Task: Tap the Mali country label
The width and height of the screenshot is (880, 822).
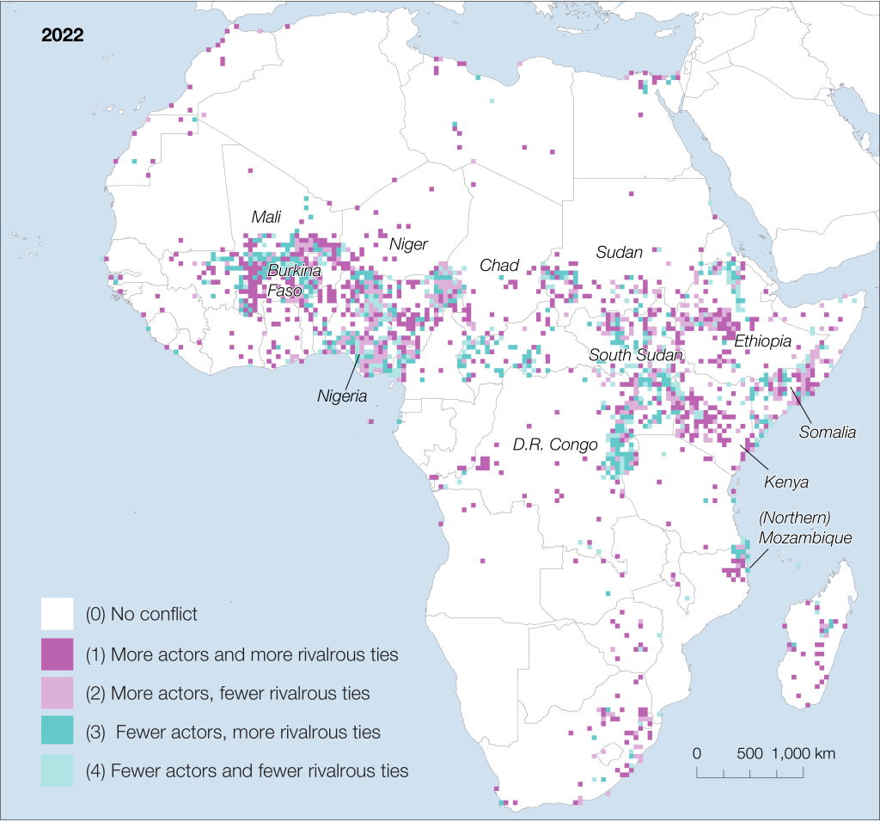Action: [x=266, y=218]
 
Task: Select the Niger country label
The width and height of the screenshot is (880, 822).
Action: [x=408, y=244]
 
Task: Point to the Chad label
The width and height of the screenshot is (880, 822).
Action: [x=499, y=266]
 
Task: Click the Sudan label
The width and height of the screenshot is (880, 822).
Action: [x=619, y=253]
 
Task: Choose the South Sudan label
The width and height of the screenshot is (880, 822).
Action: [x=636, y=355]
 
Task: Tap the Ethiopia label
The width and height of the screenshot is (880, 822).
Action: [x=762, y=341]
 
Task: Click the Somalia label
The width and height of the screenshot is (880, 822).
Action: [x=827, y=432]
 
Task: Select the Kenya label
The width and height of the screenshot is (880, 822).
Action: [x=787, y=482]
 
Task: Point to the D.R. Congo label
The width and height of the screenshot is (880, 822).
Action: [x=554, y=445]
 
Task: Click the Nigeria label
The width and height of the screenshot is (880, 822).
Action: [x=342, y=397]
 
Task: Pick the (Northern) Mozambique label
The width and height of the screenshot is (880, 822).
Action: [x=805, y=529]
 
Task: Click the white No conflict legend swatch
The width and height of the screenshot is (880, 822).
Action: [x=57, y=614]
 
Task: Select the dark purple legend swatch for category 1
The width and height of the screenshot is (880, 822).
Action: [x=57, y=654]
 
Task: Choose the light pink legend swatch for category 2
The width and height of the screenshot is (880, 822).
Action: [x=57, y=693]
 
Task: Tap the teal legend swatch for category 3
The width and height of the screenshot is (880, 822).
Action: [x=57, y=732]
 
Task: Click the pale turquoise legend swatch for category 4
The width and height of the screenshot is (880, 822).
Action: [x=57, y=770]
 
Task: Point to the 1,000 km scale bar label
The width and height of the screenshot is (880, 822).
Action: [x=804, y=753]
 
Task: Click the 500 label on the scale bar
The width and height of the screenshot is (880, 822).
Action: [x=750, y=753]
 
